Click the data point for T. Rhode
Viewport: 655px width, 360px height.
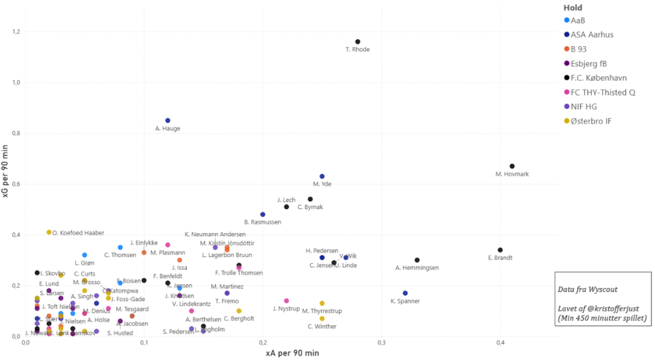click(358, 41)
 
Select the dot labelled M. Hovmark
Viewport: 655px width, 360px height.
click(512, 166)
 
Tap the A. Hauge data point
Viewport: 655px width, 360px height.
click(168, 120)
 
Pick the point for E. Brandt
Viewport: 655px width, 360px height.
click(500, 250)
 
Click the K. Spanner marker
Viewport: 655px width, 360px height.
click(405, 293)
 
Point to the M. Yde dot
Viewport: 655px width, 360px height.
click(322, 176)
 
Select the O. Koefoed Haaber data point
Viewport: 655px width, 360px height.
click(49, 232)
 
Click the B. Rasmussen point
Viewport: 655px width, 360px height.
click(263, 214)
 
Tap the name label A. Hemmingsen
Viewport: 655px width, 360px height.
click(417, 267)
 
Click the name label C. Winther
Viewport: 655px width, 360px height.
click(322, 326)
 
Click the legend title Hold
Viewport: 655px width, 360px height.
click(573, 8)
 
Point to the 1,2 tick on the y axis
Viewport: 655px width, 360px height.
click(14, 31)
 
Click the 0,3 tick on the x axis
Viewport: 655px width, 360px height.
click(381, 342)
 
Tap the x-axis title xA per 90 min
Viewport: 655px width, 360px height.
click(292, 353)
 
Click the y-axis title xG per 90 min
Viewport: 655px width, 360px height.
click(5, 175)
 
